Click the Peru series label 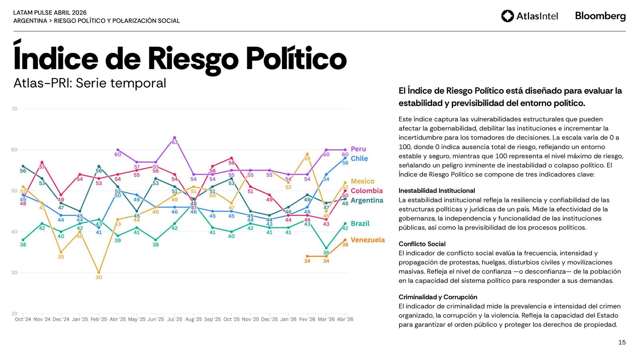tap(358, 149)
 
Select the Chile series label tap(359, 158)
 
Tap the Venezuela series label tap(368, 240)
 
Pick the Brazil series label tap(360, 224)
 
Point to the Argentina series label tap(367, 200)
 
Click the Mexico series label tap(362, 181)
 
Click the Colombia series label tap(366, 191)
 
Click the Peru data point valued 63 tap(174, 138)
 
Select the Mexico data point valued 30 tap(99, 273)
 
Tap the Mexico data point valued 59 tap(307, 154)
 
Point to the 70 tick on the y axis tap(14, 109)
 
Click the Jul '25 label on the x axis tap(174, 319)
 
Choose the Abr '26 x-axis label tap(345, 319)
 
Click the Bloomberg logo tap(600, 16)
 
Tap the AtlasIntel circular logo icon tap(507, 16)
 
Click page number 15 tap(622, 342)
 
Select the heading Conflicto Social tap(422, 244)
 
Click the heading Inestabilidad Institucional tap(437, 191)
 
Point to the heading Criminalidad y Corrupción tap(438, 297)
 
